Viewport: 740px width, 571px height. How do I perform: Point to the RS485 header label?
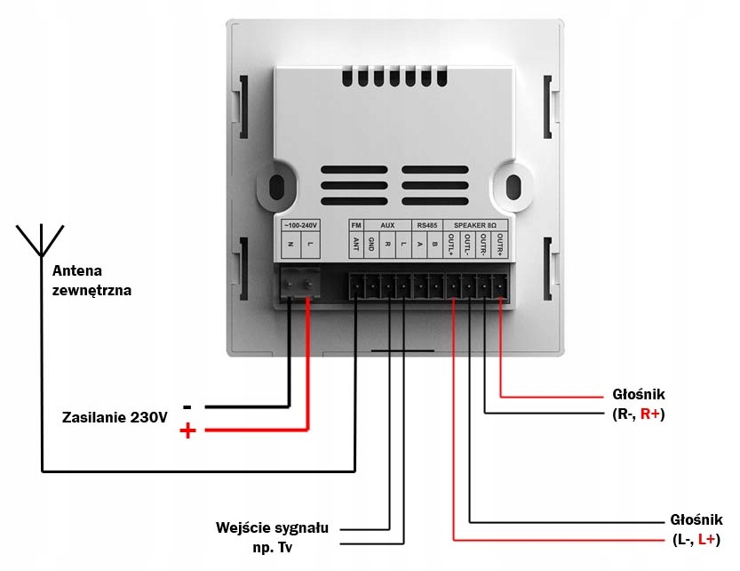[x=427, y=226]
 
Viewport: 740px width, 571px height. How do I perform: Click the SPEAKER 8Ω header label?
[x=475, y=226]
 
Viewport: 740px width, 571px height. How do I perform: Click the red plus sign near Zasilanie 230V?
[x=187, y=431]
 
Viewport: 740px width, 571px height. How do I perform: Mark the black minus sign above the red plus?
[x=187, y=406]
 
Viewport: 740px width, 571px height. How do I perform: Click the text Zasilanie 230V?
[x=115, y=417]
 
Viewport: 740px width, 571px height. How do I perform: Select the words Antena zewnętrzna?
[x=92, y=279]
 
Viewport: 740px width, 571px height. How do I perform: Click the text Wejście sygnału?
[x=272, y=527]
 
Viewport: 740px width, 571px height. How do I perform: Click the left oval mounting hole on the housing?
[x=276, y=188]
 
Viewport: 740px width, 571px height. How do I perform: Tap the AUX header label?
[x=387, y=226]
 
